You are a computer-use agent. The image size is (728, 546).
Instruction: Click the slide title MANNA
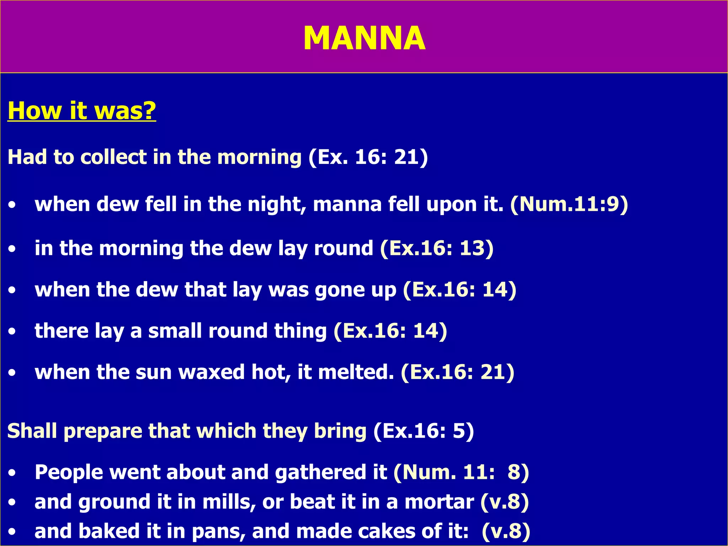click(364, 38)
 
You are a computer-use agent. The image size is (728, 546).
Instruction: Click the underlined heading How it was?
click(82, 111)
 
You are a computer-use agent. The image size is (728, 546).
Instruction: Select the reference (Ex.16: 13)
click(437, 248)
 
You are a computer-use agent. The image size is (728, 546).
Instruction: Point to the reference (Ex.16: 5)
click(424, 431)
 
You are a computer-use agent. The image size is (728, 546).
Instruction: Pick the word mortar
click(439, 502)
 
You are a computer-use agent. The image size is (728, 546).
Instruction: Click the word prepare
click(103, 431)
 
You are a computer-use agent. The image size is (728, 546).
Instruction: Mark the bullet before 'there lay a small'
click(12, 331)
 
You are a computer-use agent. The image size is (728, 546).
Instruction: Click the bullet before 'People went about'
click(12, 473)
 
